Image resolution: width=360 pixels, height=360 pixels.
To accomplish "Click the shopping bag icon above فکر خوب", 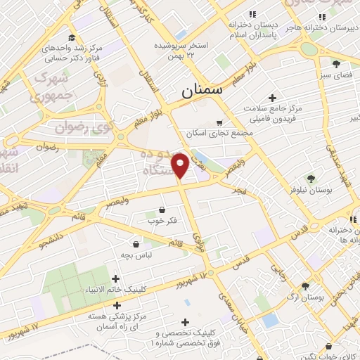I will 163,209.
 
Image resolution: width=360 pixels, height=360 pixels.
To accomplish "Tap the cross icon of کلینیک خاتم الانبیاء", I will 115,279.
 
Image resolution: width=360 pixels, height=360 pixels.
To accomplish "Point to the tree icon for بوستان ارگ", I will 304,285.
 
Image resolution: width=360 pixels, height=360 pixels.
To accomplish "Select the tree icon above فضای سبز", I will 326,65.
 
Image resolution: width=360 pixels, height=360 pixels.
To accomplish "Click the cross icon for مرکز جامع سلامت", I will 273,98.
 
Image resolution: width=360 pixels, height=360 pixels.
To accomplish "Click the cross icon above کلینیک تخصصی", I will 185,321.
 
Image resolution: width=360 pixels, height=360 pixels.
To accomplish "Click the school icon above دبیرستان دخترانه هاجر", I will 322,16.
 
